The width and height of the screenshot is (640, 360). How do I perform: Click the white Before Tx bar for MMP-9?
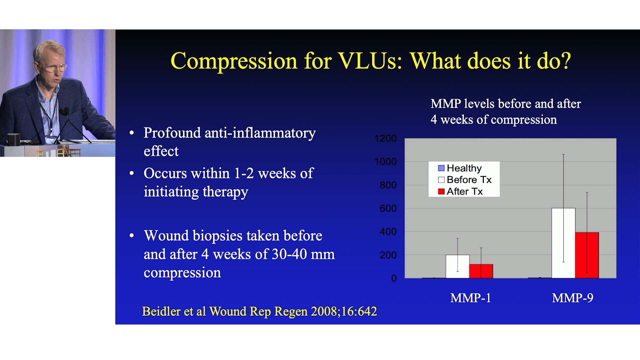pyautogui.click(x=563, y=243)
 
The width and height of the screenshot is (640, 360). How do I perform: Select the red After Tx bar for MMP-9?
pyautogui.click(x=587, y=255)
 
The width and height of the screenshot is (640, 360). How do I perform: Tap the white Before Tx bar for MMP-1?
pyautogui.click(x=458, y=266)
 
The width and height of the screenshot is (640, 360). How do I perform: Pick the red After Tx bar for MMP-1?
pyautogui.click(x=481, y=271)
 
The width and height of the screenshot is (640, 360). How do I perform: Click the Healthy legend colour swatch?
pyautogui.click(x=441, y=168)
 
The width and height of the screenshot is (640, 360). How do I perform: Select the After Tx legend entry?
pyautogui.click(x=460, y=191)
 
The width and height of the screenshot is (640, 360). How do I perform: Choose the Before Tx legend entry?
pyautogui.click(x=465, y=180)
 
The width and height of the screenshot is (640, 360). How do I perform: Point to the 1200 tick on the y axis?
pyautogui.click(x=386, y=138)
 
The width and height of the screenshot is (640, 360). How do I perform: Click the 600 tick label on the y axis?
pyautogui.click(x=388, y=208)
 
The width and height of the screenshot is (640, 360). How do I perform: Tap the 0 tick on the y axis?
pyautogui.click(x=394, y=278)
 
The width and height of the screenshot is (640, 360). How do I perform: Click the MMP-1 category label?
pyautogui.click(x=471, y=298)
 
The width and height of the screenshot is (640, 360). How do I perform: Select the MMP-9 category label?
pyautogui.click(x=573, y=298)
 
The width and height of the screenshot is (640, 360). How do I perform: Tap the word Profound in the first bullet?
pyautogui.click(x=172, y=133)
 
